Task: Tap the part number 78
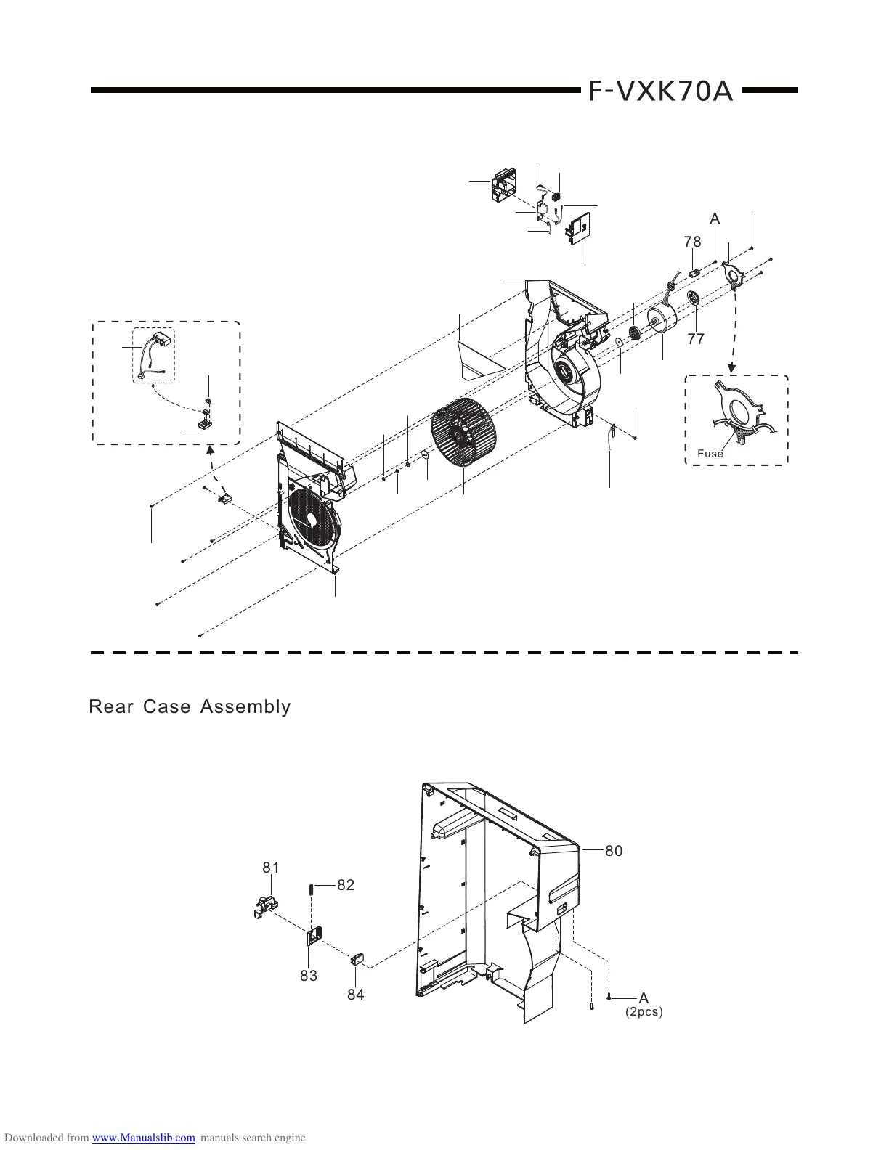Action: (692, 242)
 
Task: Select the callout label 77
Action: (696, 338)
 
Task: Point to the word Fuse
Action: (710, 454)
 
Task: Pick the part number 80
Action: (614, 851)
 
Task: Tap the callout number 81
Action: (271, 868)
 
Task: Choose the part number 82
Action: (346, 885)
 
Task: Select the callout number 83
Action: (309, 976)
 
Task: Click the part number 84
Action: (355, 995)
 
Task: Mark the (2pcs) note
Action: (644, 1011)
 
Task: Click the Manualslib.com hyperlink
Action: (145, 1138)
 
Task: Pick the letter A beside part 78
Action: (715, 219)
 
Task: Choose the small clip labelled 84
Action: (357, 960)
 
